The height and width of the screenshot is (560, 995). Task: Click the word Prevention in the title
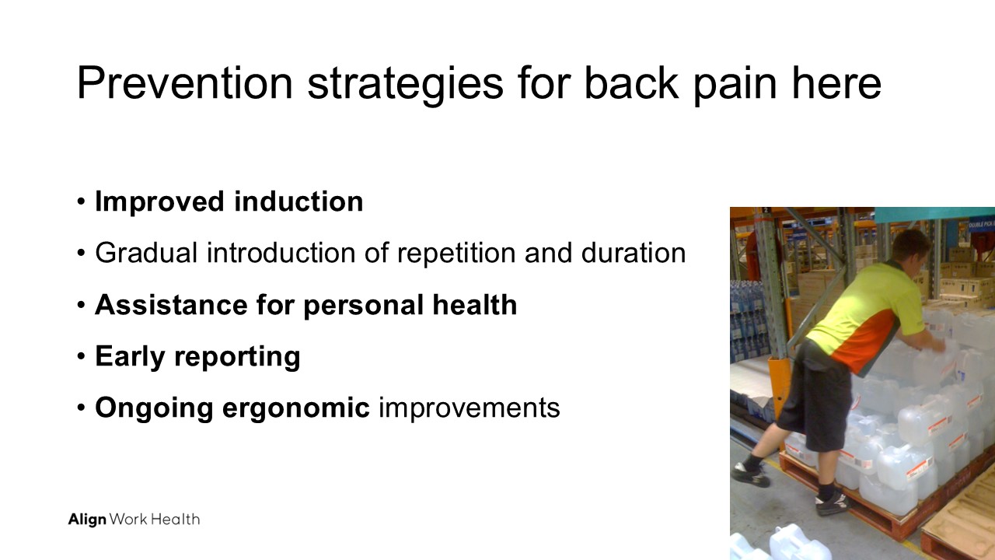185,82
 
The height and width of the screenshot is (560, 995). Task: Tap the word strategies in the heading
405,86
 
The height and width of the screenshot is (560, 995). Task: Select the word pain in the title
735,86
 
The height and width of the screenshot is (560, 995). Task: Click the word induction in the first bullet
298,201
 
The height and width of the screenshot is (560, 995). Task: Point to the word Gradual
146,253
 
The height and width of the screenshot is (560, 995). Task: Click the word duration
634,253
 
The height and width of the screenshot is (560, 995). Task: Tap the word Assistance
171,305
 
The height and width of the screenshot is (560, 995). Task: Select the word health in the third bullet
475,304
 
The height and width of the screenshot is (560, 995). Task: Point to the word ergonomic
295,409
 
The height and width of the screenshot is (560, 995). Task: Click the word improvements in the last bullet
469,409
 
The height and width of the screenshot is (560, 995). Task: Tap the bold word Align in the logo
87,520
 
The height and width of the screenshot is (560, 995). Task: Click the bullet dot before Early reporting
81,356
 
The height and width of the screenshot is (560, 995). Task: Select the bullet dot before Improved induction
81,201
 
